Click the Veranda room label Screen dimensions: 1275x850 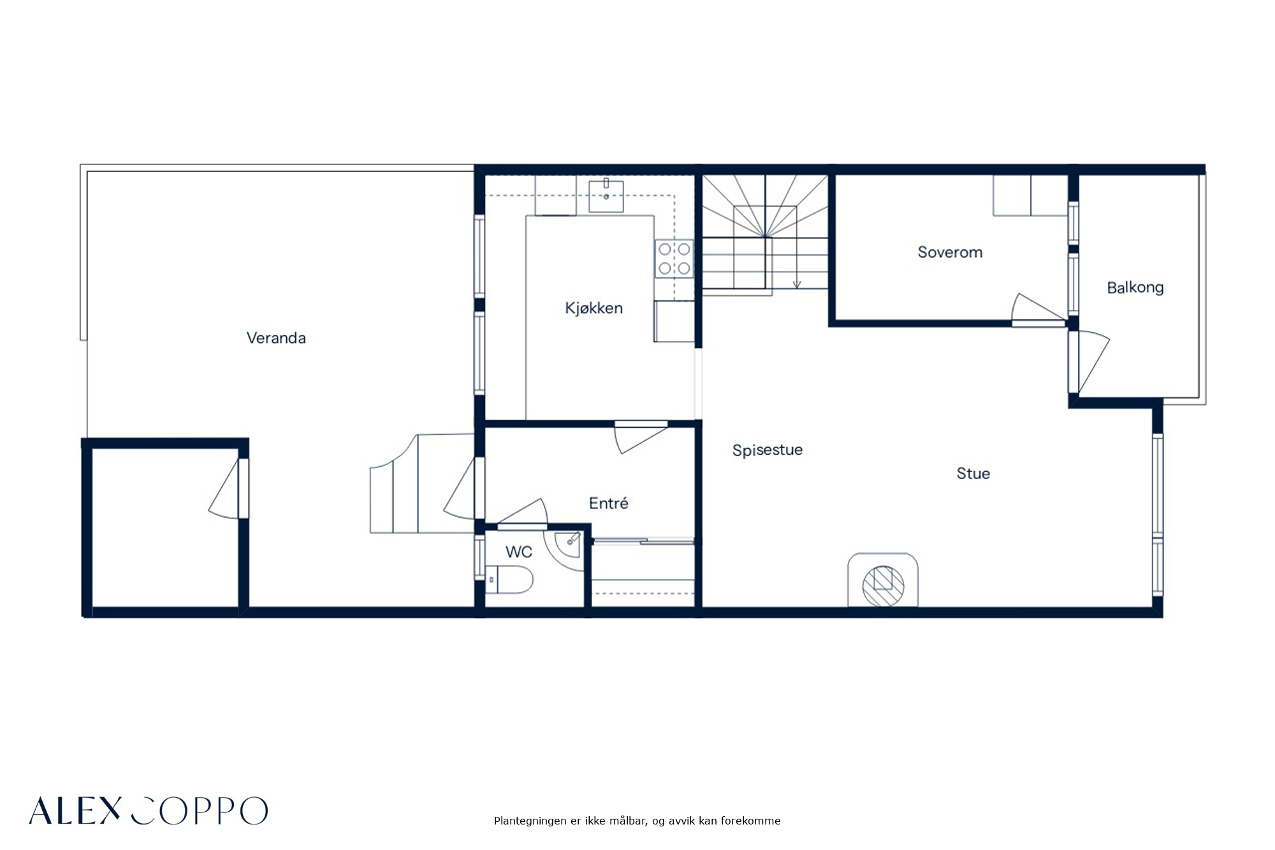click(x=276, y=338)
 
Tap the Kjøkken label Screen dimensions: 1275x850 click(x=594, y=308)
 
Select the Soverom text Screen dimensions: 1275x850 click(x=950, y=252)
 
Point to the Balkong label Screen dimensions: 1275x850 click(x=1135, y=288)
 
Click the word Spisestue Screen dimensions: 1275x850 click(x=768, y=450)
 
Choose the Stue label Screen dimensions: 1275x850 click(x=973, y=473)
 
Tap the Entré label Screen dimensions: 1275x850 click(x=608, y=503)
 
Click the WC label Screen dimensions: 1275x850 click(x=519, y=552)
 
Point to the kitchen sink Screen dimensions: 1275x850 click(x=606, y=195)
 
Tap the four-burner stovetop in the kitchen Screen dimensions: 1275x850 click(x=674, y=258)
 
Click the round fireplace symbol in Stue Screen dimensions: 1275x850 click(x=883, y=586)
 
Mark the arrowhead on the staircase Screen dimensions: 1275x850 click(x=797, y=284)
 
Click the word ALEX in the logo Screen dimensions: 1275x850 click(x=75, y=810)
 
